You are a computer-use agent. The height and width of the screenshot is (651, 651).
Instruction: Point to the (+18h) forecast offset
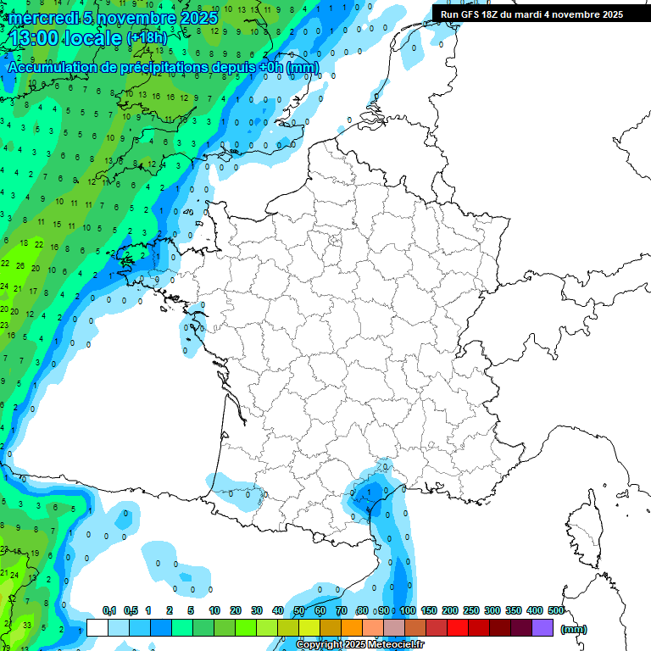(147, 37)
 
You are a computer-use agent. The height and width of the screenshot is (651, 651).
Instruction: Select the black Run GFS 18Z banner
(532, 14)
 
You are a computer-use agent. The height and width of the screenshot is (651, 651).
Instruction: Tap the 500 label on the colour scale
(556, 610)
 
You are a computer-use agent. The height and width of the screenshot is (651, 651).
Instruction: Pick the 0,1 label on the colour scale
(109, 610)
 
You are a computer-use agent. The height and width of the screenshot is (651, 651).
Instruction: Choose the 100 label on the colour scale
(408, 610)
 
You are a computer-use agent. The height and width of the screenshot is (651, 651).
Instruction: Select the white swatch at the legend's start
(97, 628)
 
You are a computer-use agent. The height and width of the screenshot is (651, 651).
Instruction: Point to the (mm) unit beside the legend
(574, 629)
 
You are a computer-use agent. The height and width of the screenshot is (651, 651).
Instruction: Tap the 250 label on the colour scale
(471, 610)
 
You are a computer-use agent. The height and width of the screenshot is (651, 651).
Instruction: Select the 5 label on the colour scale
(192, 610)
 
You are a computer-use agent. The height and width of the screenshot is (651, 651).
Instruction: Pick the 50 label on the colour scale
(298, 610)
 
